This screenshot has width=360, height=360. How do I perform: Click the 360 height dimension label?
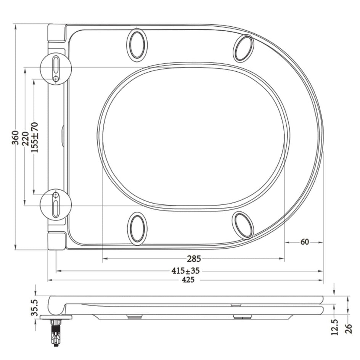pos(15,138)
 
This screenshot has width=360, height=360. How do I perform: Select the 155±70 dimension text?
pos(35,138)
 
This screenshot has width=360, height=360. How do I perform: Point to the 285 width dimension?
pos(194,259)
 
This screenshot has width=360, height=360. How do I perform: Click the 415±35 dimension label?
pos(185,271)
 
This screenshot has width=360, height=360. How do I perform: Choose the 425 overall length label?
pos(188,280)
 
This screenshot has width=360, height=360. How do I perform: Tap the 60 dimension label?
pos(304,242)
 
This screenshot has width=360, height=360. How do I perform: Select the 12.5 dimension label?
pos(335,327)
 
